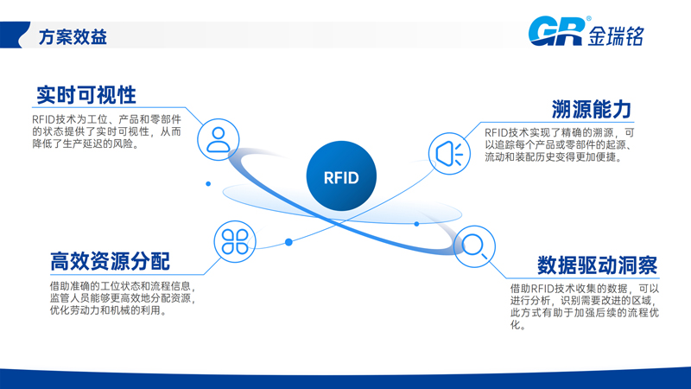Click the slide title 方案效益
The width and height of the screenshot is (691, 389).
click(73, 38)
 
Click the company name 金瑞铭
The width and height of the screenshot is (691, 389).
click(618, 35)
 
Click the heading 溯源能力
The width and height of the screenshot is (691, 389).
click(592, 109)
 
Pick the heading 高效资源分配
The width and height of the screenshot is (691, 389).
click(110, 260)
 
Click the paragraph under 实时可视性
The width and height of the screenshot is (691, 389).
click(106, 131)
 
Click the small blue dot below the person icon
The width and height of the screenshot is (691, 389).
click(208, 183)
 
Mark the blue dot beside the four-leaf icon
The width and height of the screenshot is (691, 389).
click(288, 242)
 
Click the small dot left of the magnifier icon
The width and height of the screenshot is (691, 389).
click(416, 224)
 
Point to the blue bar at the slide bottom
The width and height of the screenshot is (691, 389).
click(345, 381)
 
